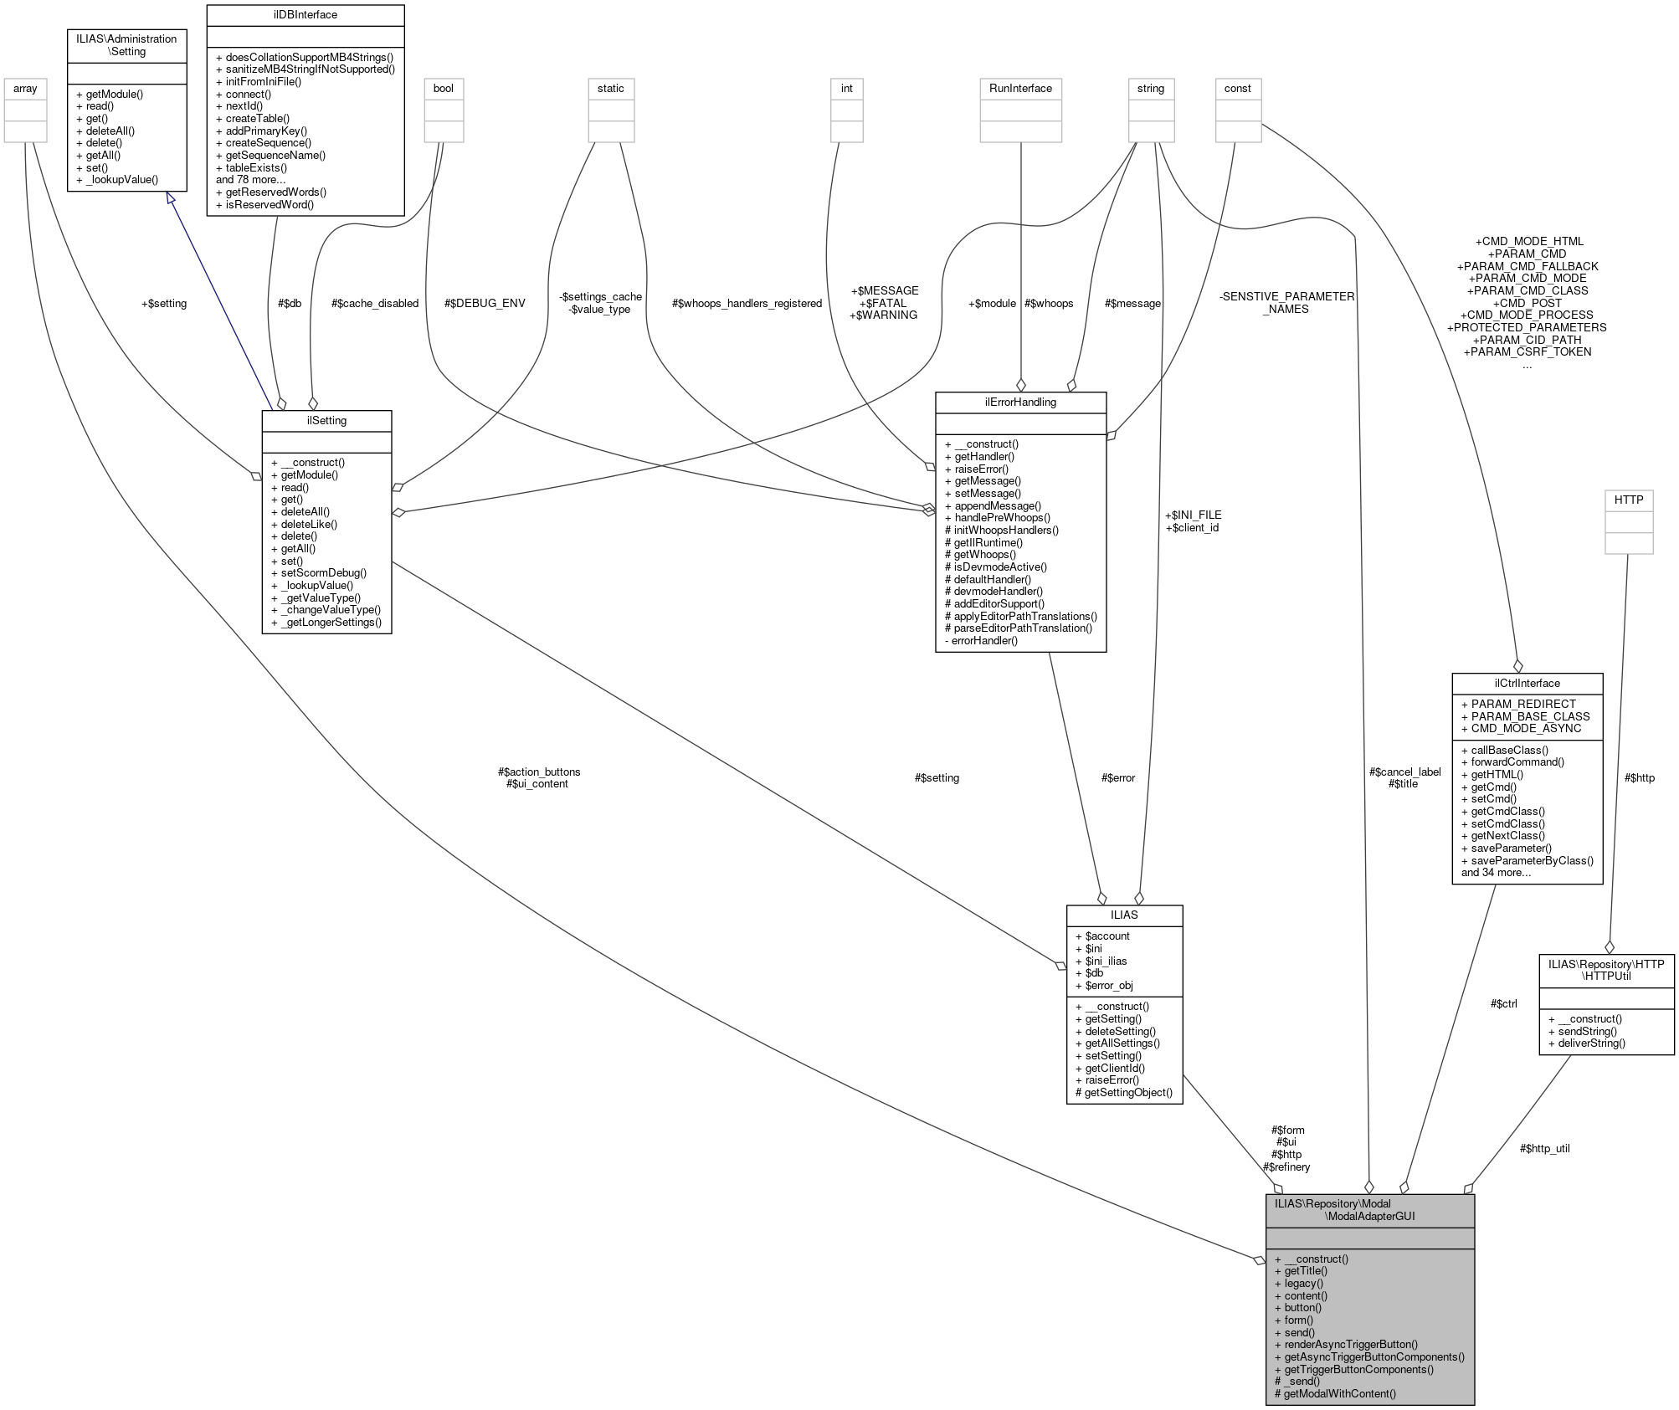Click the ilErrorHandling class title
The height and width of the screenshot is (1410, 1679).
tap(1020, 402)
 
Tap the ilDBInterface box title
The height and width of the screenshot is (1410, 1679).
tap(305, 15)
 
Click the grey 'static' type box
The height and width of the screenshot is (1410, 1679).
tap(610, 89)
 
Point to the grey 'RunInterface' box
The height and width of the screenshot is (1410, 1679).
tap(1020, 89)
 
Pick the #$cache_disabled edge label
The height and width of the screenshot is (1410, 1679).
tap(375, 303)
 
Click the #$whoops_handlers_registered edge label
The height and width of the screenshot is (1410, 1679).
tap(747, 303)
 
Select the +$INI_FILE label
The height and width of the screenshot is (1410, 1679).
tap(1193, 515)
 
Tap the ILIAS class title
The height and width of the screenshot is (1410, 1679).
tap(1124, 915)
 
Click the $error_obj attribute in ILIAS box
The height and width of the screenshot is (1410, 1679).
tap(1109, 985)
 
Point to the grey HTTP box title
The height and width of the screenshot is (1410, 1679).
tap(1628, 500)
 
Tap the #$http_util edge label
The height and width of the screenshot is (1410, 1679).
tap(1544, 1148)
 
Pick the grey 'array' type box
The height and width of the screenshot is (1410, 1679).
tap(25, 89)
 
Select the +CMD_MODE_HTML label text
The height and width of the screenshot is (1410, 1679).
tap(1528, 241)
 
